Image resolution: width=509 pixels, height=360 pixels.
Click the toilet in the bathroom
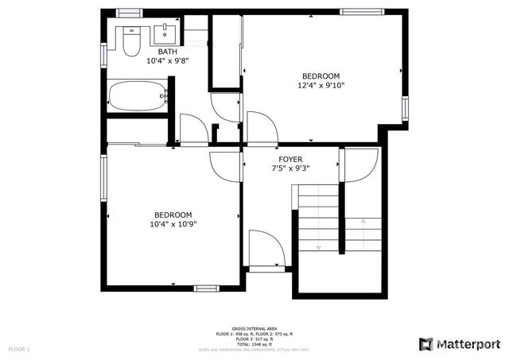pos(131,41)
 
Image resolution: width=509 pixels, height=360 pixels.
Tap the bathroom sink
pos(165,34)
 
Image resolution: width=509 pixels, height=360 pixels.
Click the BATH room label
pos(167,52)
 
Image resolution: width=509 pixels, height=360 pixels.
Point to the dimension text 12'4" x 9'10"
pos(321,85)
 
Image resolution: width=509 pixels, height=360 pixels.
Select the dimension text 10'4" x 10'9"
pos(173,224)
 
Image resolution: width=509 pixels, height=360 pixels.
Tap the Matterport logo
pos(459,343)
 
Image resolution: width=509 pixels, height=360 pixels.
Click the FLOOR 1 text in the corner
pos(19,349)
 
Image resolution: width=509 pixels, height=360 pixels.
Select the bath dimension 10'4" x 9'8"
pos(167,60)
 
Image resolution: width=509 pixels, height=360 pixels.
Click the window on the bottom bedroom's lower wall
pos(206,288)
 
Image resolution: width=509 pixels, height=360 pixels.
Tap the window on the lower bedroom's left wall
pos(103,180)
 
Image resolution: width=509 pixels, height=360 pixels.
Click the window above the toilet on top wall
pos(129,13)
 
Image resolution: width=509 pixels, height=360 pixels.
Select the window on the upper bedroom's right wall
pos(405,107)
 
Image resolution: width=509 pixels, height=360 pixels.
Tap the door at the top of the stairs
pos(360,165)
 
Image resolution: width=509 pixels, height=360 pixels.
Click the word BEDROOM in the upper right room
pos(321,76)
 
